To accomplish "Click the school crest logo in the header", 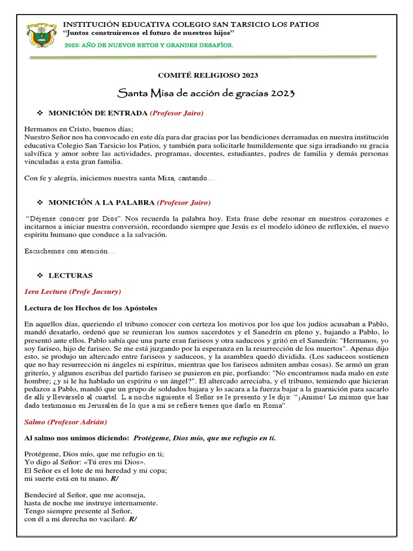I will pyautogui.click(x=41, y=35).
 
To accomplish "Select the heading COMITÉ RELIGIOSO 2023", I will pyautogui.click(x=206, y=75).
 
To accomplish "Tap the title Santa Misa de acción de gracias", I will pyautogui.click(x=206, y=93).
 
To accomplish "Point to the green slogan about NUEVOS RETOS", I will pyautogui.click(x=148, y=46).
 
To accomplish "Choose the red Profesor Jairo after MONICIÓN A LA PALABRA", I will pyautogui.click(x=184, y=202).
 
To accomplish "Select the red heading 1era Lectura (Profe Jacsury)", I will pyautogui.click(x=73, y=292).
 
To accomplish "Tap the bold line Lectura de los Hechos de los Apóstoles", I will pyautogui.click(x=91, y=308).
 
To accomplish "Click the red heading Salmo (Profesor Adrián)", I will pyautogui.click(x=67, y=422).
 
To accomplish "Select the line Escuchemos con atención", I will pyautogui.click(x=70, y=251).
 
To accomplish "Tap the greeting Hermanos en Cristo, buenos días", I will pyautogui.click(x=79, y=129).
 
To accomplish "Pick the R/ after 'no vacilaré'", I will pyautogui.click(x=132, y=519).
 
